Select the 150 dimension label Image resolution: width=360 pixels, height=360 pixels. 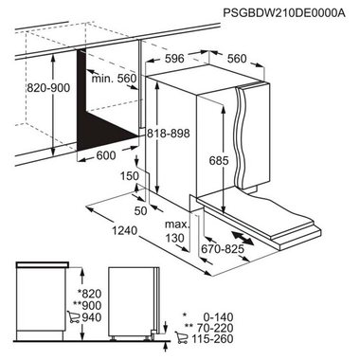click(x=130, y=177)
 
